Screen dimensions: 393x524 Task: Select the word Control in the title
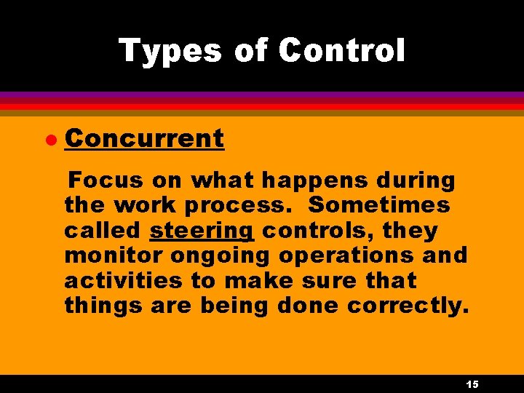click(341, 51)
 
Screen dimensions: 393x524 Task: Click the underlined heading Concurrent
click(144, 138)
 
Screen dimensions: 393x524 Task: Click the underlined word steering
click(202, 231)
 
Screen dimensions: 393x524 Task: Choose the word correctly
click(408, 306)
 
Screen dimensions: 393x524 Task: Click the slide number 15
click(471, 384)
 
